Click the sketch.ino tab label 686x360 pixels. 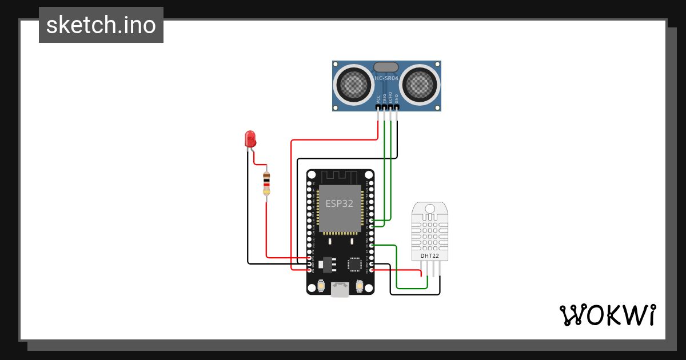point(101,25)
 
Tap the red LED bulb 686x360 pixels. point(250,138)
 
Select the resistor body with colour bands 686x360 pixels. point(266,182)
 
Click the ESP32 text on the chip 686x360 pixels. point(340,203)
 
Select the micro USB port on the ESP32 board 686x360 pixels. point(341,290)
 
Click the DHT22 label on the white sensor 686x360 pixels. point(430,256)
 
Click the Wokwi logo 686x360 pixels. point(608,315)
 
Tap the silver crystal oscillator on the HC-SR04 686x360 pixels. point(386,67)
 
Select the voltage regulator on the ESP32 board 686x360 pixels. point(328,263)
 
